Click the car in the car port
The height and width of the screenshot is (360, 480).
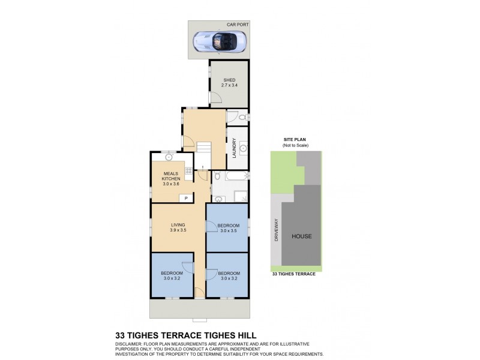[220, 41]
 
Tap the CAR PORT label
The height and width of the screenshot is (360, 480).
[237, 25]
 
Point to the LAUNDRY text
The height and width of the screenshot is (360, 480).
[233, 148]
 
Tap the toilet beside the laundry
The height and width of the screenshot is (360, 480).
[243, 116]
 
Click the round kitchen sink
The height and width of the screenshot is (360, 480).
[169, 158]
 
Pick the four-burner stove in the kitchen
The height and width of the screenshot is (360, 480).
[188, 172]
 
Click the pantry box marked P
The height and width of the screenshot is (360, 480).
[186, 198]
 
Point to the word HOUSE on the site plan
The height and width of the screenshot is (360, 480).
[301, 236]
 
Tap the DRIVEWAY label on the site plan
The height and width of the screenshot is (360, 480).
[277, 229]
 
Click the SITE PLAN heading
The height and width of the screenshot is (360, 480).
[295, 139]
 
